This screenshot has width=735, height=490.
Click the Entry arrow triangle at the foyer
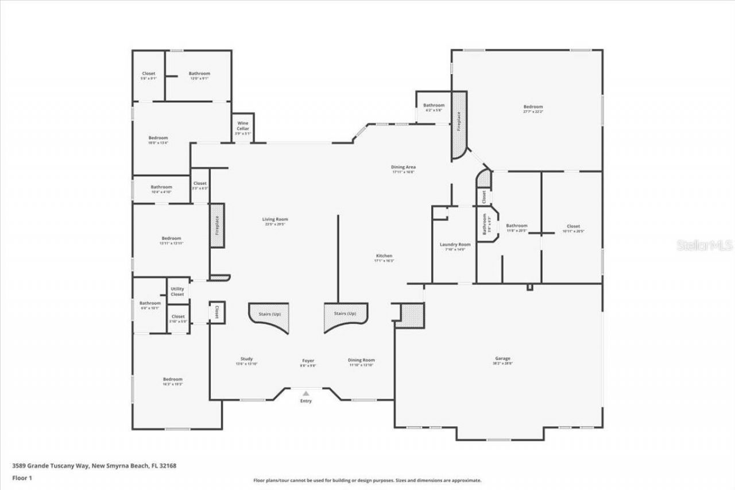click(306, 393)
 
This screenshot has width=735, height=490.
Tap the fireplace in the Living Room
click(217, 225)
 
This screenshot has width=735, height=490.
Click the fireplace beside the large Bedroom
click(459, 125)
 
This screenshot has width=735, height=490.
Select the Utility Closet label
click(177, 291)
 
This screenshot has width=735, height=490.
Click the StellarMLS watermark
click(705, 245)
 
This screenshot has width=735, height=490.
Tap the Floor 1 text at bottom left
click(22, 477)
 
